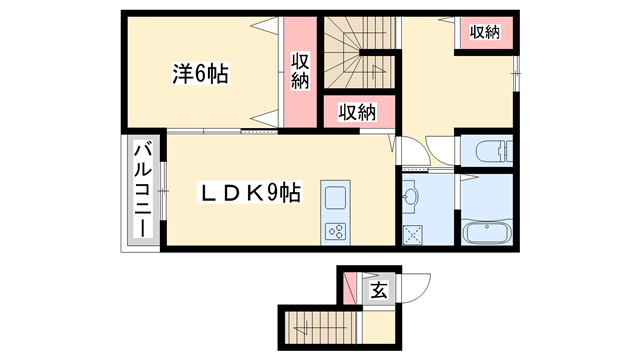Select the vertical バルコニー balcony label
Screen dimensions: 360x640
[x=142, y=191]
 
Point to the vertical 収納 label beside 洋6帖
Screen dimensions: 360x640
[x=300, y=71]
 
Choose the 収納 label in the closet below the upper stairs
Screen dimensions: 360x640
[x=355, y=111]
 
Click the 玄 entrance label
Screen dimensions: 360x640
[x=379, y=291]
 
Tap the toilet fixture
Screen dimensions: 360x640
[x=493, y=152]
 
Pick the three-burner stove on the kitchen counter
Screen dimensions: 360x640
[x=335, y=232]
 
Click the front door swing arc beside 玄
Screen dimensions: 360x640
[x=415, y=287]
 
